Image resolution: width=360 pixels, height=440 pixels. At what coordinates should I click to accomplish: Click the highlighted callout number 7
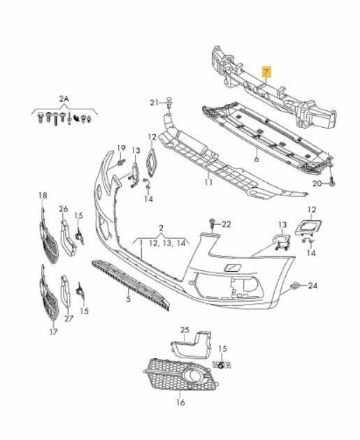click(x=266, y=72)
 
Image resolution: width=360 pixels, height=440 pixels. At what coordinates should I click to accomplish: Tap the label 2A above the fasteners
click(x=64, y=98)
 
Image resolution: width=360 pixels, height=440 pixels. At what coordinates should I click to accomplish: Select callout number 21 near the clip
click(x=154, y=103)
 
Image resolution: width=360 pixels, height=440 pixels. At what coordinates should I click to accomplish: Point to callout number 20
click(x=317, y=184)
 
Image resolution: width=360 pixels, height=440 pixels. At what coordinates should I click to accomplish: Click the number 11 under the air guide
click(x=208, y=182)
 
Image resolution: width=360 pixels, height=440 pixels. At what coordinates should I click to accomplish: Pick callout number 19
click(x=121, y=148)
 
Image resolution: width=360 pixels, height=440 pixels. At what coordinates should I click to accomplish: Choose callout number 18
click(x=43, y=195)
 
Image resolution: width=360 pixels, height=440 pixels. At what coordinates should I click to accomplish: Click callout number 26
click(x=64, y=209)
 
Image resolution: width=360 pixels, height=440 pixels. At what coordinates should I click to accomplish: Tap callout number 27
click(x=69, y=318)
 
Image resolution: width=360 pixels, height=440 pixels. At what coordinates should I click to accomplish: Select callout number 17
click(x=53, y=332)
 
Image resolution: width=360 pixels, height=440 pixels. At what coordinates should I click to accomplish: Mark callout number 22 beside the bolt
click(x=226, y=224)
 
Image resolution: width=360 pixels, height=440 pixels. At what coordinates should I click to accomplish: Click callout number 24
click(x=313, y=286)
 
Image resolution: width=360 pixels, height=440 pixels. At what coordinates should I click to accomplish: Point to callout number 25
click(x=185, y=330)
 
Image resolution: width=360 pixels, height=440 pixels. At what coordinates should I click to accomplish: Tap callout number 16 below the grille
click(x=180, y=402)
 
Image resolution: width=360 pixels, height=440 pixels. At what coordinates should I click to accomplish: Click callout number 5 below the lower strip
click(x=129, y=299)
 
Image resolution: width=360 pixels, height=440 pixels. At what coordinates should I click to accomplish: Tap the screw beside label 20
click(x=332, y=179)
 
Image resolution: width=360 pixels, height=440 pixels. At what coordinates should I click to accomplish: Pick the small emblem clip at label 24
click(x=295, y=286)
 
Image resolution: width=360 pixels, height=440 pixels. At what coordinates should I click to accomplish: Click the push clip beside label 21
click(x=169, y=103)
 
